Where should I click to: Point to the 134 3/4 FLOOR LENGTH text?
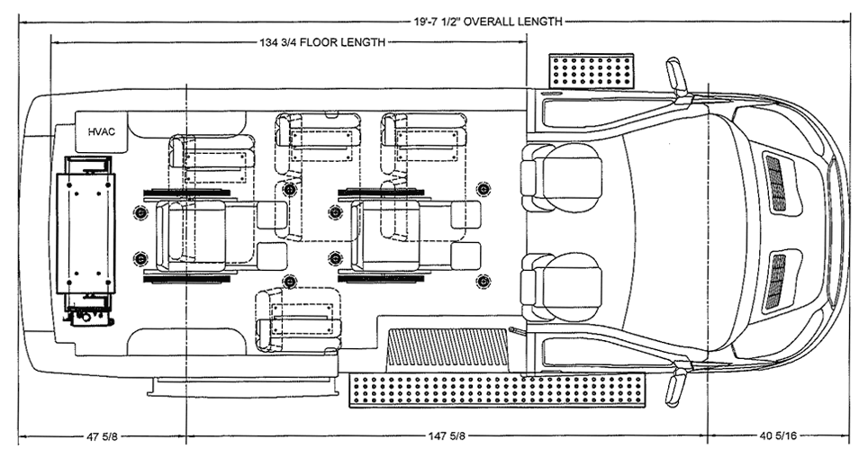coord(323,41)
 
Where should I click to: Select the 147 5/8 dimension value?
coord(447,438)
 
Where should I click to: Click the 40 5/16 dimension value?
coord(779,438)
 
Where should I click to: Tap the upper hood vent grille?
coord(774,183)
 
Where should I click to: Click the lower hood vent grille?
coord(774,282)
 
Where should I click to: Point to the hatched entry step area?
coord(448,347)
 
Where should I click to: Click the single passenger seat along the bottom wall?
coord(299,320)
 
